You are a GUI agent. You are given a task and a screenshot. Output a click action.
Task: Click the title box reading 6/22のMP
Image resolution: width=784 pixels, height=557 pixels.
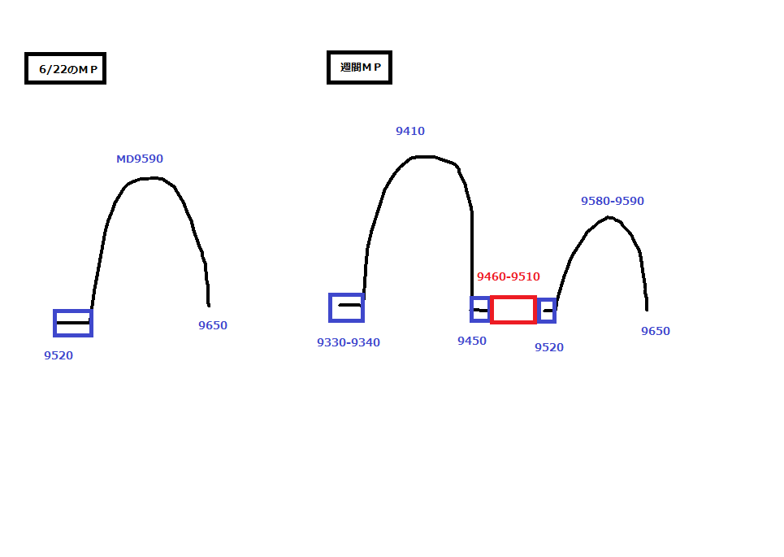click(66, 69)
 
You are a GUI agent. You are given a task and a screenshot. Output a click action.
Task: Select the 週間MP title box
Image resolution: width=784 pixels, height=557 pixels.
click(359, 67)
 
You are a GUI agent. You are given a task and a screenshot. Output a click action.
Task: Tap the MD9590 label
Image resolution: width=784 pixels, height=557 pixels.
click(140, 159)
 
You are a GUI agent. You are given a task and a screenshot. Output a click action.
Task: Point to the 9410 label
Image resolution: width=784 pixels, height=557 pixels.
click(410, 131)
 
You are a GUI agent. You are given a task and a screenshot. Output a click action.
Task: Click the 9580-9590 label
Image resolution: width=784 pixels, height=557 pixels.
click(613, 201)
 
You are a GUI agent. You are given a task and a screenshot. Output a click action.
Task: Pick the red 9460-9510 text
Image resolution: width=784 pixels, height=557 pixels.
click(509, 276)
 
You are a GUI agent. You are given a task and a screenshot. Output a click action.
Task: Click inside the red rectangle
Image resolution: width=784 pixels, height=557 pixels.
click(513, 310)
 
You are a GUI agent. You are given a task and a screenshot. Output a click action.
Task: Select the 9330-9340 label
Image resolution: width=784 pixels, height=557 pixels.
click(349, 342)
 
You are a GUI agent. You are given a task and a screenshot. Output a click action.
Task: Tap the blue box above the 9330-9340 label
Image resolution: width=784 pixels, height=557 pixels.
click(346, 307)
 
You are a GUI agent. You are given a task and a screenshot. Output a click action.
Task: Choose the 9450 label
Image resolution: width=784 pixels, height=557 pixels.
click(472, 341)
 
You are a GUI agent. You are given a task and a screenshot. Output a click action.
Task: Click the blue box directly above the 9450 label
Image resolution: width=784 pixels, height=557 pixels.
click(480, 310)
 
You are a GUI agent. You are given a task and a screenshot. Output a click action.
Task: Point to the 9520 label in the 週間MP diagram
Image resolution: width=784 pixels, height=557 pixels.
click(549, 347)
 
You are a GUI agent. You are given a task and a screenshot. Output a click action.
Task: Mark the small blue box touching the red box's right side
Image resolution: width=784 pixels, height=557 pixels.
click(547, 311)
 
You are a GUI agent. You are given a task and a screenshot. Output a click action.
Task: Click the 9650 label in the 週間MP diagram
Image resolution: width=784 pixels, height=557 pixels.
click(656, 331)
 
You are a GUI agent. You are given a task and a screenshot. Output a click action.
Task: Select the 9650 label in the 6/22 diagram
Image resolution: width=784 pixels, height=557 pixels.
click(213, 325)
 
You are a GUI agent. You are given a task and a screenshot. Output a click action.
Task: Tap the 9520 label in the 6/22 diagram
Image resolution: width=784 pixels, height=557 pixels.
click(58, 355)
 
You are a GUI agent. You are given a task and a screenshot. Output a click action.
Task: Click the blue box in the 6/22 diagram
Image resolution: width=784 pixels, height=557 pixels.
click(73, 323)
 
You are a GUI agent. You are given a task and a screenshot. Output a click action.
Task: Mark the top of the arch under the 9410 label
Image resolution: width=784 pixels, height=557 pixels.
click(426, 156)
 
